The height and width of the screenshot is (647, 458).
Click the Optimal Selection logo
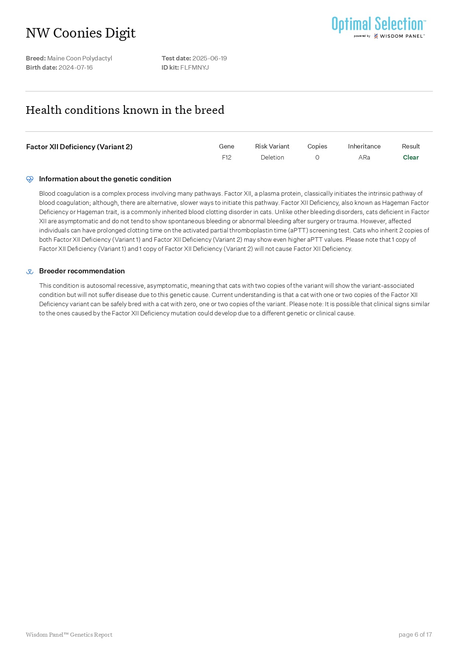(378, 27)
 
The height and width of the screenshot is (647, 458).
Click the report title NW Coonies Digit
(81, 33)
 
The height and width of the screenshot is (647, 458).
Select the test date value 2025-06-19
(209, 58)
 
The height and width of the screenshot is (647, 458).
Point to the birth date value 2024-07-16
(76, 67)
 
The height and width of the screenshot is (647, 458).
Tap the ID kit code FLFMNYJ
(194, 67)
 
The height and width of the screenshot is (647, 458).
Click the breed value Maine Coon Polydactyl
(80, 58)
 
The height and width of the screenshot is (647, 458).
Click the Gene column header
(226, 146)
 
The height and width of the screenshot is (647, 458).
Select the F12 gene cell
(226, 157)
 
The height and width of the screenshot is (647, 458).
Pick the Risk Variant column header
(272, 146)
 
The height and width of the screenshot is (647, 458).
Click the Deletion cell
(272, 157)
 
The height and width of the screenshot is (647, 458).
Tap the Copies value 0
(317, 157)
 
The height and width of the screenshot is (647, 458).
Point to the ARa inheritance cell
(364, 157)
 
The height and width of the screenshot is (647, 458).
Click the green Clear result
(411, 157)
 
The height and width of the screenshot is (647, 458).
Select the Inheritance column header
(364, 146)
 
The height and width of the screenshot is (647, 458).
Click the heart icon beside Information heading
(30, 179)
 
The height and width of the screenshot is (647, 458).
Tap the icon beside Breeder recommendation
(30, 272)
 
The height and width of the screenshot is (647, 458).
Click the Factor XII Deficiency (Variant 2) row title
(79, 147)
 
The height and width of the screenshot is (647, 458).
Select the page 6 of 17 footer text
(415, 634)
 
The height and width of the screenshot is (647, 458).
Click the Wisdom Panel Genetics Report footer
(69, 634)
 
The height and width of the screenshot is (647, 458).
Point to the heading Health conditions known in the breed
(125, 110)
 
